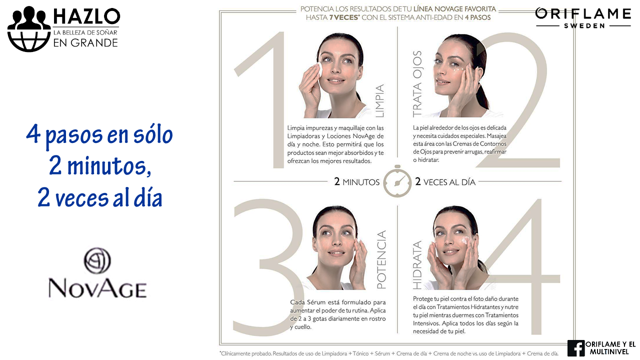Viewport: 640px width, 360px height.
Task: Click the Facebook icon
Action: [x=576, y=348]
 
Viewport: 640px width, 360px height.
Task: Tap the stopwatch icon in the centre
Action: [x=397, y=181]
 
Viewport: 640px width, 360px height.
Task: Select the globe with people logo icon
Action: [x=29, y=29]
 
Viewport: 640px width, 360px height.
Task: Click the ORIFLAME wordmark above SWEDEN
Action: [x=583, y=13]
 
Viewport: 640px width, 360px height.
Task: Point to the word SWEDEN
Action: [x=584, y=25]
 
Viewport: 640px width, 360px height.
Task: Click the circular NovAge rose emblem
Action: [x=97, y=260]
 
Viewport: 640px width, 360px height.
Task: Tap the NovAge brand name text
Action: [x=97, y=288]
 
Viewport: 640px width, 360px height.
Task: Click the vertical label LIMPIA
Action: [x=379, y=100]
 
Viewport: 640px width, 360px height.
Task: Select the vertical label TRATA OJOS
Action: [x=417, y=84]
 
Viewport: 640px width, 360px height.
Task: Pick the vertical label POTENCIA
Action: [x=381, y=259]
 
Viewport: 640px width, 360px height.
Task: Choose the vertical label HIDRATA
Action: [x=417, y=265]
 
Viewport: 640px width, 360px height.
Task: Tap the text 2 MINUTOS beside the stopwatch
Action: [x=357, y=181]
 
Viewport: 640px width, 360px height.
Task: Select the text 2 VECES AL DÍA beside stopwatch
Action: [x=445, y=181]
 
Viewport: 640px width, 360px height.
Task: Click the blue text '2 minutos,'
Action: [x=100, y=166]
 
